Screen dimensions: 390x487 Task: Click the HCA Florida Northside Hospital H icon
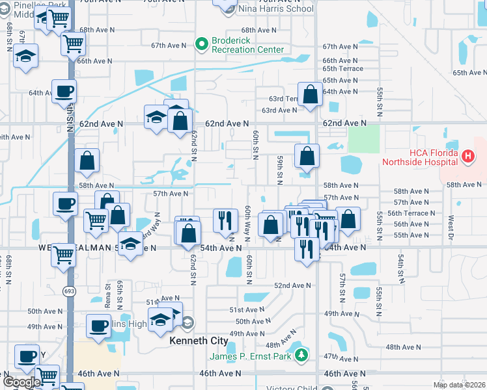point(468,156)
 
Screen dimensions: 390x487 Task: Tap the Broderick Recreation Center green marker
point(201,44)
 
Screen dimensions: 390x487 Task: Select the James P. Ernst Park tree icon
point(301,356)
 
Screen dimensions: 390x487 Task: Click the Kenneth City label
point(199,341)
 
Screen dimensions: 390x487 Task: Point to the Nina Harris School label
point(276,9)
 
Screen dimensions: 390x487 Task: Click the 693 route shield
point(70,291)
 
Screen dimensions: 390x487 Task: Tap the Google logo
point(22,382)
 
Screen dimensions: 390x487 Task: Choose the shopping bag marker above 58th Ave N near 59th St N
point(307,155)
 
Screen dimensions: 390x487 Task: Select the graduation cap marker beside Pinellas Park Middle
point(25,56)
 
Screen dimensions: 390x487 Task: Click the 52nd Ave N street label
point(292,285)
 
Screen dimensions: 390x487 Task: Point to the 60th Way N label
point(248,223)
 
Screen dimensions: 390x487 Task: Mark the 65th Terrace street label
point(342,68)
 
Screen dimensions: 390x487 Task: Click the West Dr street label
point(450,229)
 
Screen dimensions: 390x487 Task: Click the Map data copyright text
point(459,385)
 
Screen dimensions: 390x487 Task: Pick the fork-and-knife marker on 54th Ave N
point(304,248)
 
